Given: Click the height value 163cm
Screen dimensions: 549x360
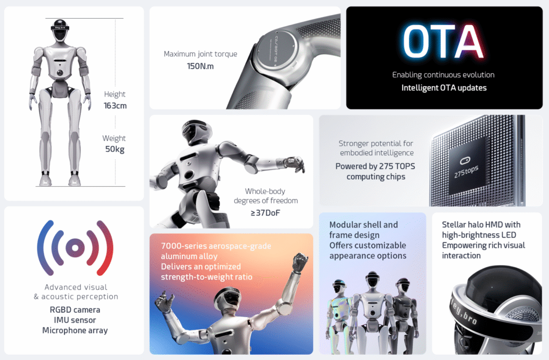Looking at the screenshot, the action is coord(115,106).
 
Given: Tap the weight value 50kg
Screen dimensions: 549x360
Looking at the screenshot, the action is coord(115,149).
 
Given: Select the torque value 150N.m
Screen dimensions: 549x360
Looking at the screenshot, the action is coord(201,66).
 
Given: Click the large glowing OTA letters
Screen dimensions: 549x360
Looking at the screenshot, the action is coord(443,41).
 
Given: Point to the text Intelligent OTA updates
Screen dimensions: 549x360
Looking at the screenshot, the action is coord(444,87).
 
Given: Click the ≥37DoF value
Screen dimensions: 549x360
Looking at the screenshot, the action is coord(265,213).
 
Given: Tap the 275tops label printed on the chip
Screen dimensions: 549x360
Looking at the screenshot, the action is coord(466,171).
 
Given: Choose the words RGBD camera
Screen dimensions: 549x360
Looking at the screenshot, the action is coord(75,310).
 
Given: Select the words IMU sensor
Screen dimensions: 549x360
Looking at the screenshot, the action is coord(75,320).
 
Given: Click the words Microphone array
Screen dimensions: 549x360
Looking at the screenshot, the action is coord(75,330).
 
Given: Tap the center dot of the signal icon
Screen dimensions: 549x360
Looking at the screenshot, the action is coord(75,248).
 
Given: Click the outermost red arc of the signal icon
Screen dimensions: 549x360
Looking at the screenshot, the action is coord(107,247).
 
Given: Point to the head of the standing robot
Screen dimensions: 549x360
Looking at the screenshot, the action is coord(60,30).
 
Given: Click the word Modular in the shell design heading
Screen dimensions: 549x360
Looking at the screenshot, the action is coord(345,225).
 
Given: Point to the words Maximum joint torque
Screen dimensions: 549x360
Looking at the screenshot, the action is coord(201,54).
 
